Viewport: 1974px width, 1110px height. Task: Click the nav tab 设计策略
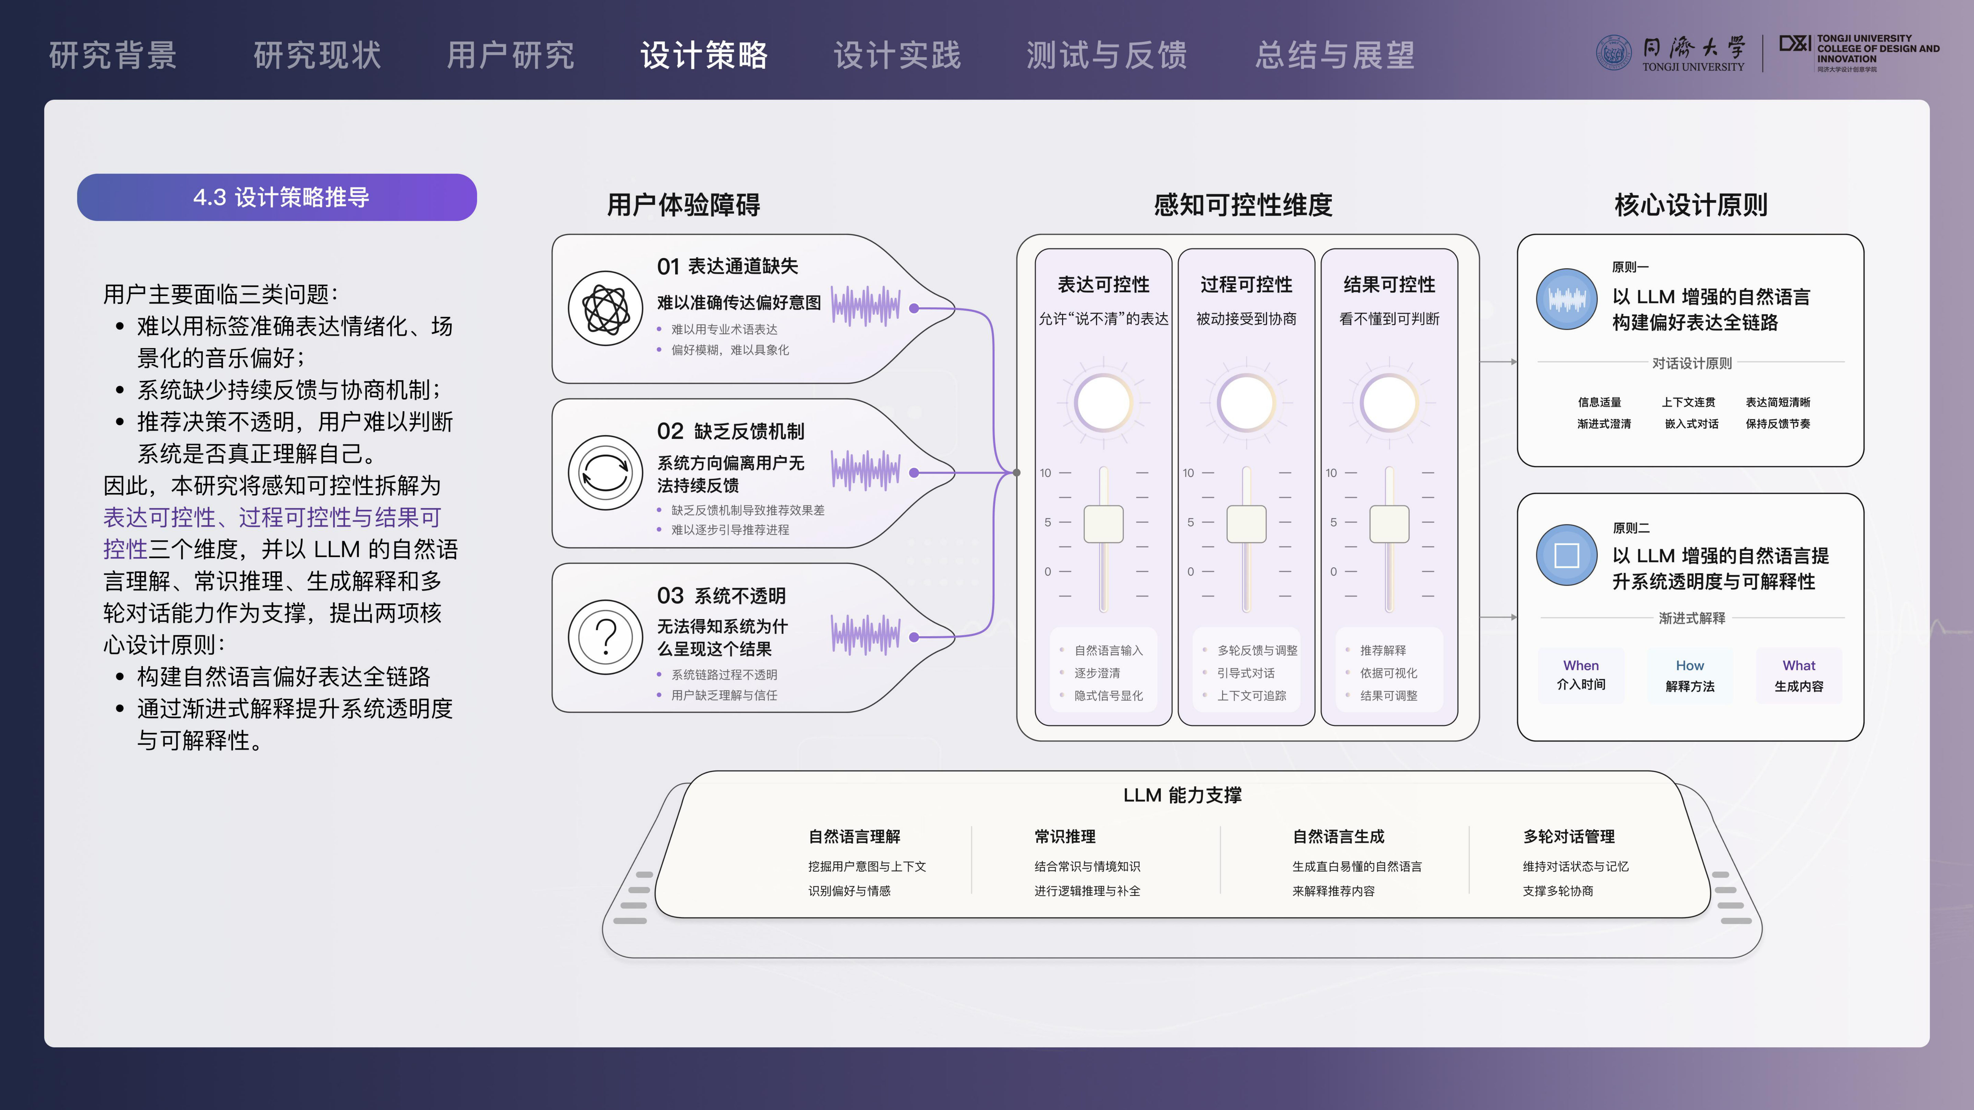click(x=703, y=55)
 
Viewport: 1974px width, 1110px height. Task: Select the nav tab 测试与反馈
click(x=1106, y=55)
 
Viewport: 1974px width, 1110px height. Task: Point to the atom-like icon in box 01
click(x=605, y=309)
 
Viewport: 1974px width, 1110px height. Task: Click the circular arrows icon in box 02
click(x=605, y=473)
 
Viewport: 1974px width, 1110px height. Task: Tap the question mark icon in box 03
click(x=605, y=636)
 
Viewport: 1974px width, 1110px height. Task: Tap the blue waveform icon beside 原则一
click(x=1566, y=299)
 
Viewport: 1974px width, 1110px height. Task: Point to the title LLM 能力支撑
click(x=1182, y=795)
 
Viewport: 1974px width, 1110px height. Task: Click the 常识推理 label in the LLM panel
click(x=1065, y=837)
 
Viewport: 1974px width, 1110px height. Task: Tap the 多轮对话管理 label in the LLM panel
click(x=1569, y=837)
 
